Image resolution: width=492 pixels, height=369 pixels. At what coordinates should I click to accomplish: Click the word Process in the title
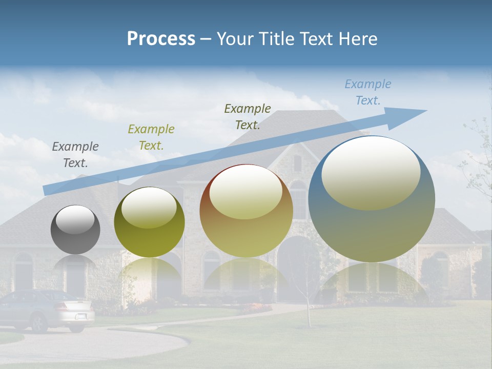161,39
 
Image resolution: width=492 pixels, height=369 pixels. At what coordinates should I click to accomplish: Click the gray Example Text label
75,155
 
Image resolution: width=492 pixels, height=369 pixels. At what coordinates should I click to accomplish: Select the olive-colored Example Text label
151,137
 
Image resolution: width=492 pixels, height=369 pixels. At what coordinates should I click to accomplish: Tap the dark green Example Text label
248,117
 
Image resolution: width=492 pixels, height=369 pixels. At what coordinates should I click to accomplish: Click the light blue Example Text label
368,92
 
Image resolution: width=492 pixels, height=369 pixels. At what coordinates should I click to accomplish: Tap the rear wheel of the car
38,323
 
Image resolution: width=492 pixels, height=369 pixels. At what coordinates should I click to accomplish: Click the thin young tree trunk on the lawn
309,307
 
